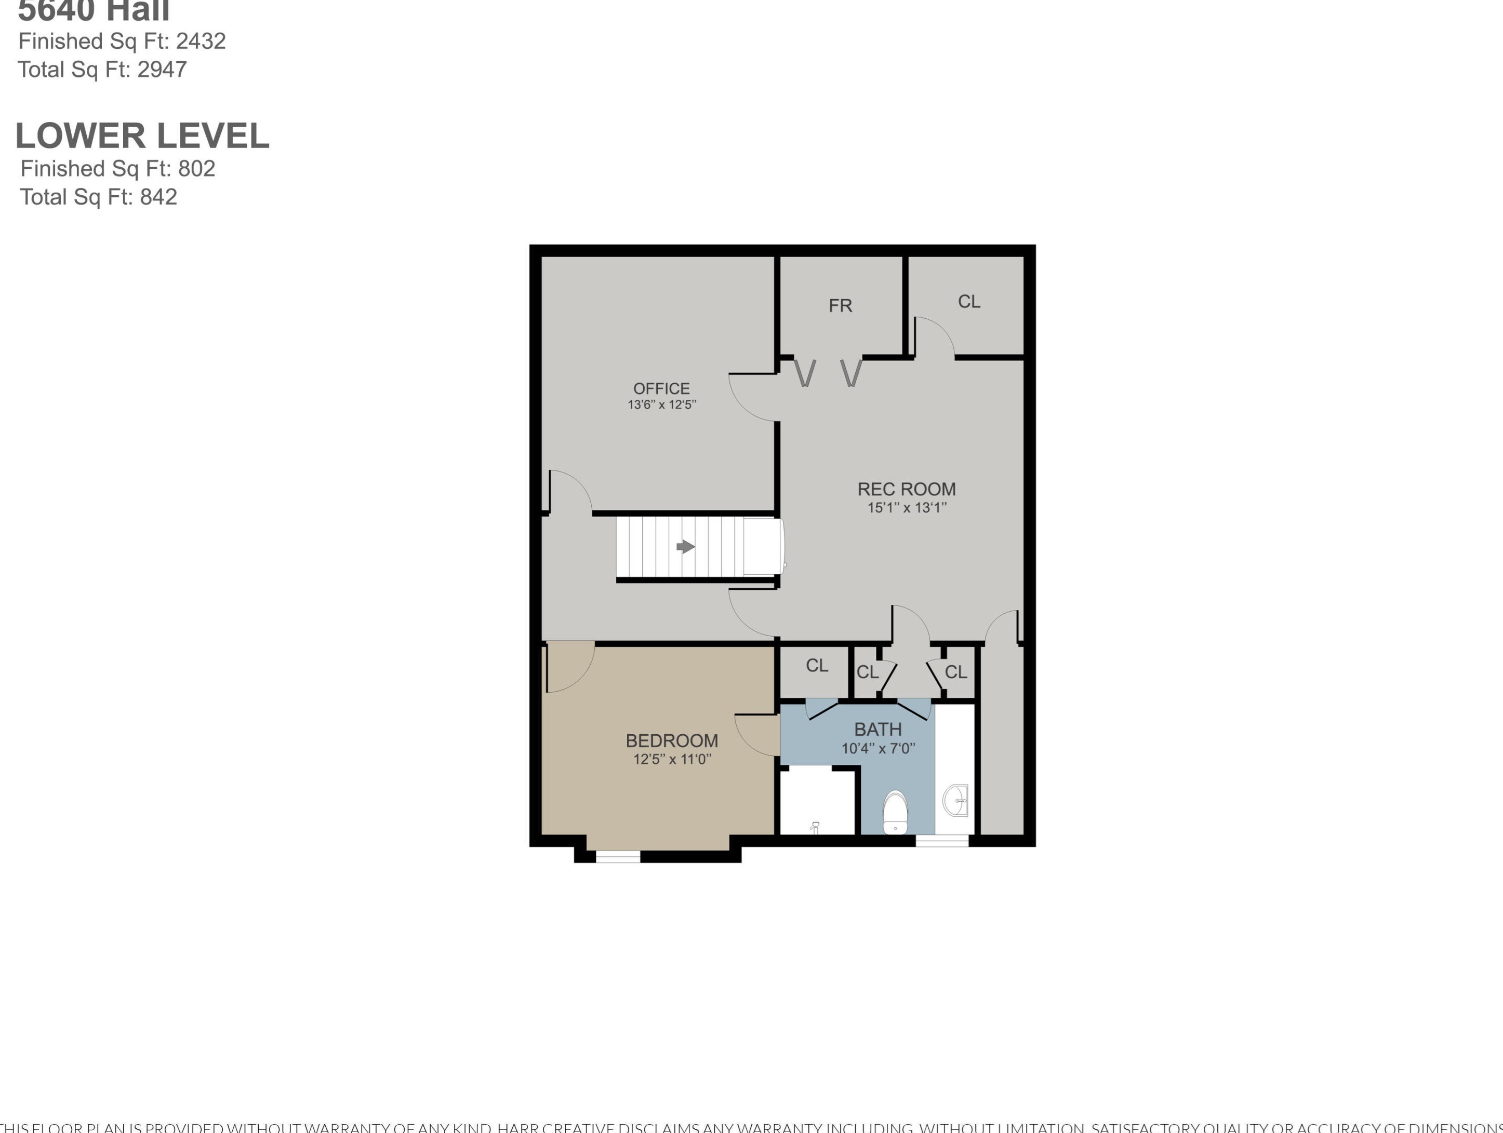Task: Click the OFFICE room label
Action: [661, 388]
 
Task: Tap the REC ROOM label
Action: [907, 489]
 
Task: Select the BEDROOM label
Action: [671, 740]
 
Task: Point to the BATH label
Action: [878, 730]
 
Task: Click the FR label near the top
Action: [840, 306]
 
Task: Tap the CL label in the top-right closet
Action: [969, 302]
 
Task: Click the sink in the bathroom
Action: [956, 800]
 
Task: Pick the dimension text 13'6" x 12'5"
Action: [661, 405]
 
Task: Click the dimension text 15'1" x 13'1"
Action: [907, 507]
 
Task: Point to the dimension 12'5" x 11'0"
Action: [671, 759]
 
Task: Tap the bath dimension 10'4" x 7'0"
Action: [878, 749]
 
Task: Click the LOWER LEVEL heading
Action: [142, 136]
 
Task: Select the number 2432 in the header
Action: [201, 42]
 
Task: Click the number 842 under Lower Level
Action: [158, 197]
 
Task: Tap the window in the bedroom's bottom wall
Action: [618, 857]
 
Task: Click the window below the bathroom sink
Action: [942, 841]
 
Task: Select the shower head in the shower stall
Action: [815, 827]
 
